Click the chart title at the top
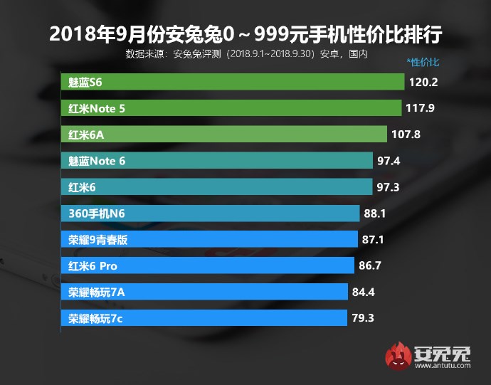click(x=245, y=35)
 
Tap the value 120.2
click(x=423, y=82)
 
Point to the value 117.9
click(x=420, y=108)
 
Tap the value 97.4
click(x=389, y=161)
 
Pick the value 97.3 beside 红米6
click(x=389, y=187)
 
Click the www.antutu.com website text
click(x=441, y=365)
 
